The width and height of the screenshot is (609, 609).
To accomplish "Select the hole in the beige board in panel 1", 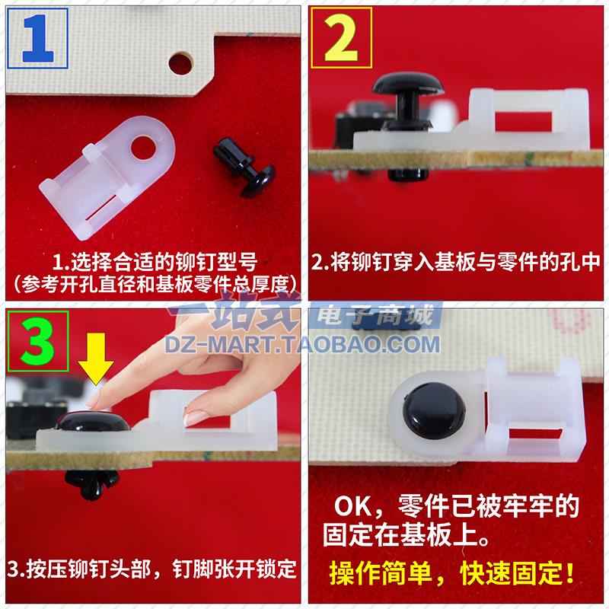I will [x=181, y=58].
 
